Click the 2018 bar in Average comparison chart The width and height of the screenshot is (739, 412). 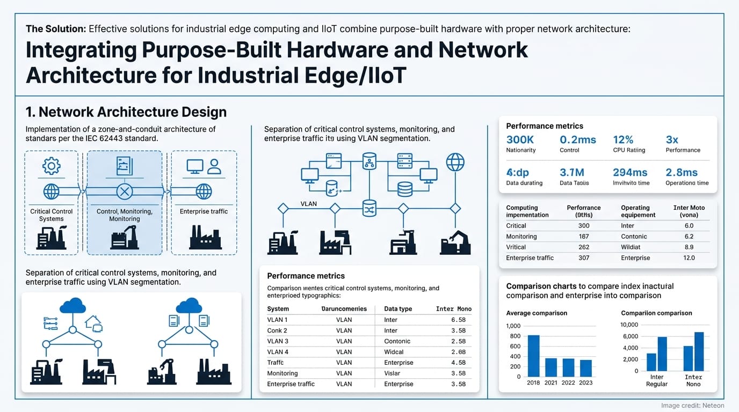click(533, 356)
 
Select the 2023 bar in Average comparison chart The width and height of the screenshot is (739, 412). click(585, 368)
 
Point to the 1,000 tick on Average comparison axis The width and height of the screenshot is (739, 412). click(513, 326)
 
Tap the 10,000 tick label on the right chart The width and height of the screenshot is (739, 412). click(629, 325)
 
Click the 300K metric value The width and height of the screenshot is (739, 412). click(520, 139)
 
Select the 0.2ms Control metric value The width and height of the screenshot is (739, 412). click(577, 139)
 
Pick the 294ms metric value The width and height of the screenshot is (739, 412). click(630, 172)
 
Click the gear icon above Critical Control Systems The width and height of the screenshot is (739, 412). click(51, 166)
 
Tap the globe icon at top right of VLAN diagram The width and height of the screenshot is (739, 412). click(455, 161)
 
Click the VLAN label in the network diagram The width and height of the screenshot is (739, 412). click(309, 204)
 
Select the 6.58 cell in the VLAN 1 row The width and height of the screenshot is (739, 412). click(458, 320)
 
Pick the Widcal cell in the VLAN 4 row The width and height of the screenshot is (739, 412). click(394, 352)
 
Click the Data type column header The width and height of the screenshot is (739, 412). click(398, 309)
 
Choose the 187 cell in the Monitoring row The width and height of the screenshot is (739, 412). click(584, 237)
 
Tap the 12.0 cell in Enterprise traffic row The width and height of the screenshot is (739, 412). click(689, 258)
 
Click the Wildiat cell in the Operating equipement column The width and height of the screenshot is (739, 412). click(632, 247)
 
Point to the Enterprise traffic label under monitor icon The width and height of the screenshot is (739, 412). click(204, 211)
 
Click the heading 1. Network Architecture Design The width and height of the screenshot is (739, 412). click(126, 112)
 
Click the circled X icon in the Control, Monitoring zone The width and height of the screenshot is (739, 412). click(125, 191)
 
